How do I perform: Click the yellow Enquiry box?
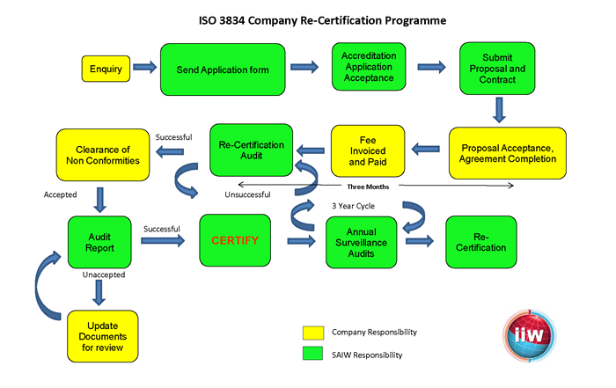pos(106,67)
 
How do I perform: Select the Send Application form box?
pos(223,68)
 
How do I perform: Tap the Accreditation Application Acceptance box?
pos(369,68)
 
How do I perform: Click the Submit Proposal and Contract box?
pos(498,68)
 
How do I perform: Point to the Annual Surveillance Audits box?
pos(363,241)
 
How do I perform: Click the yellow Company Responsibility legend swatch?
pos(312,333)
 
